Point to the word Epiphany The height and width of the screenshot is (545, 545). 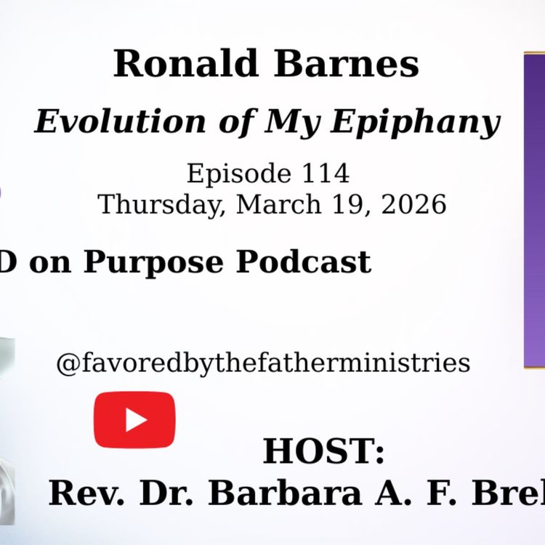tap(416, 123)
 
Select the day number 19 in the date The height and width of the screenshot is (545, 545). tap(344, 204)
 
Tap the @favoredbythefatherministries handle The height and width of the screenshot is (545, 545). tap(263, 363)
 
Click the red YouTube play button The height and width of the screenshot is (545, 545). tap(134, 419)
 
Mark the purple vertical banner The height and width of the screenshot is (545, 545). tap(534, 211)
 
